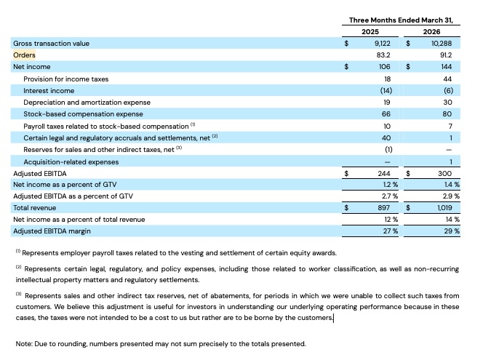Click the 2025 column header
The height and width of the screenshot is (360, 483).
tap(370, 32)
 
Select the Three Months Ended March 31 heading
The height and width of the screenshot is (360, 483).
tap(401, 20)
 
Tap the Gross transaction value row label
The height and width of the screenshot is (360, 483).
tap(51, 44)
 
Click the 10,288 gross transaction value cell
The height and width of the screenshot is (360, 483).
tap(441, 44)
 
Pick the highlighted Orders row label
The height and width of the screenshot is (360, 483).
tap(24, 55)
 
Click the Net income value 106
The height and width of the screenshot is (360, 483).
tap(384, 67)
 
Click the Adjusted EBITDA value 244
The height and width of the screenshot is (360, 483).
tap(383, 174)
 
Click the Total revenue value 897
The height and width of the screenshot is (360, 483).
tap(383, 208)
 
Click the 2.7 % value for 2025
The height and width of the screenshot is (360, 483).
tap(383, 196)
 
